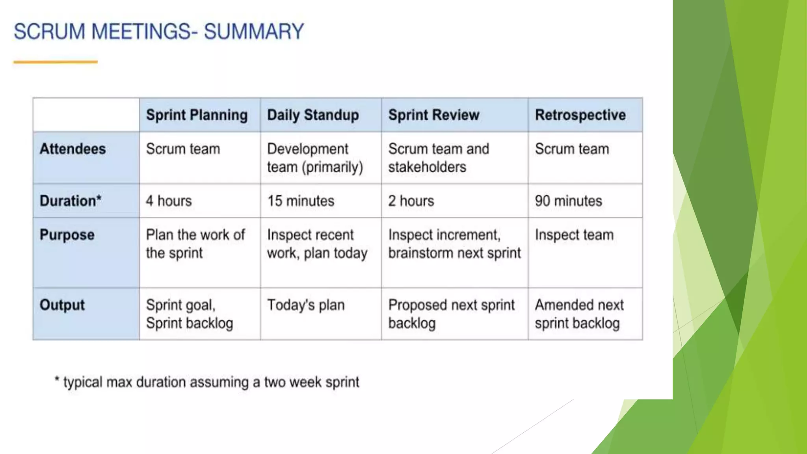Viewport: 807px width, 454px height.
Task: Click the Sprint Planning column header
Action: (x=197, y=115)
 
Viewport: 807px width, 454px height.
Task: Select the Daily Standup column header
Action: (x=313, y=115)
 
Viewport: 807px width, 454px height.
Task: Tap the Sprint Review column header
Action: (x=434, y=115)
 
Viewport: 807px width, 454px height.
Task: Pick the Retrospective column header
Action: (x=580, y=115)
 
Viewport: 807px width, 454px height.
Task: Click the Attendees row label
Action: (x=73, y=149)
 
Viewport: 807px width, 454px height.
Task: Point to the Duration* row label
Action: (x=71, y=201)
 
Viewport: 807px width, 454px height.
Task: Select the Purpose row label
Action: (x=67, y=235)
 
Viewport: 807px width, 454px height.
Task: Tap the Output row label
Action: (x=62, y=305)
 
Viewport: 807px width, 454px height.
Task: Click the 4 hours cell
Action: (x=169, y=201)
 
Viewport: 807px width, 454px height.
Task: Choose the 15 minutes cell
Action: (x=301, y=201)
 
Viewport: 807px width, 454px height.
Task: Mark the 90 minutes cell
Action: (x=568, y=201)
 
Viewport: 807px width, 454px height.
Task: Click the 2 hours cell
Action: (x=411, y=201)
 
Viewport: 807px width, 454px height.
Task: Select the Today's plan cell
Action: (x=306, y=305)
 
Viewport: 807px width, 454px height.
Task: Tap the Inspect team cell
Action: (x=574, y=235)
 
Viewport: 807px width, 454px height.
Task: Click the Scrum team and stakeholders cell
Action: (x=438, y=158)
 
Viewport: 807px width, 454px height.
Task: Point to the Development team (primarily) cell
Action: (x=314, y=158)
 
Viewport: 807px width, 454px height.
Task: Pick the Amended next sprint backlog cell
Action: (x=579, y=314)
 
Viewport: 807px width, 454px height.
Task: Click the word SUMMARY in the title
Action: (x=254, y=32)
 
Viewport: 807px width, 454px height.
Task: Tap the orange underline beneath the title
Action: (x=55, y=62)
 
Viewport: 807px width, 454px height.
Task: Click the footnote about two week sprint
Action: (x=207, y=382)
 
